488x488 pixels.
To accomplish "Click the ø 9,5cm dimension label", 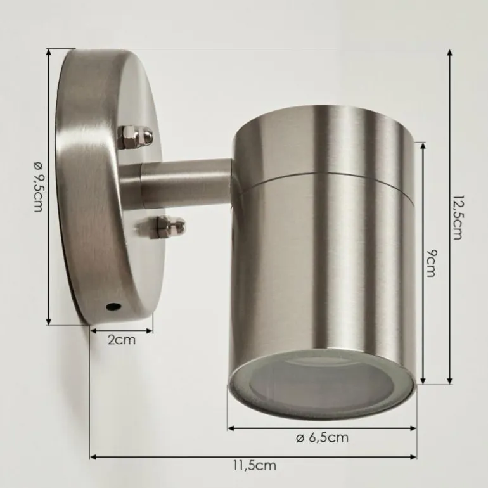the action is click(x=38, y=187).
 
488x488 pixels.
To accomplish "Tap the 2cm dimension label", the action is click(x=122, y=340).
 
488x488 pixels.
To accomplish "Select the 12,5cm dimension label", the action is click(x=457, y=217).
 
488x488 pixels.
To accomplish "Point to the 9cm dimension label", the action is click(x=431, y=263).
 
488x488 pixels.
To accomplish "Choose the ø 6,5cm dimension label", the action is click(x=322, y=438).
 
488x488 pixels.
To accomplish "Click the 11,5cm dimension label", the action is click(x=255, y=466).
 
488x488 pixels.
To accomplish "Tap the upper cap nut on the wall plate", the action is click(x=137, y=136).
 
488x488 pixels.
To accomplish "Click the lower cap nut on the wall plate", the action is click(x=167, y=227).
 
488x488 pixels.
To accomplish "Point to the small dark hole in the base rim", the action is click(x=113, y=307).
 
